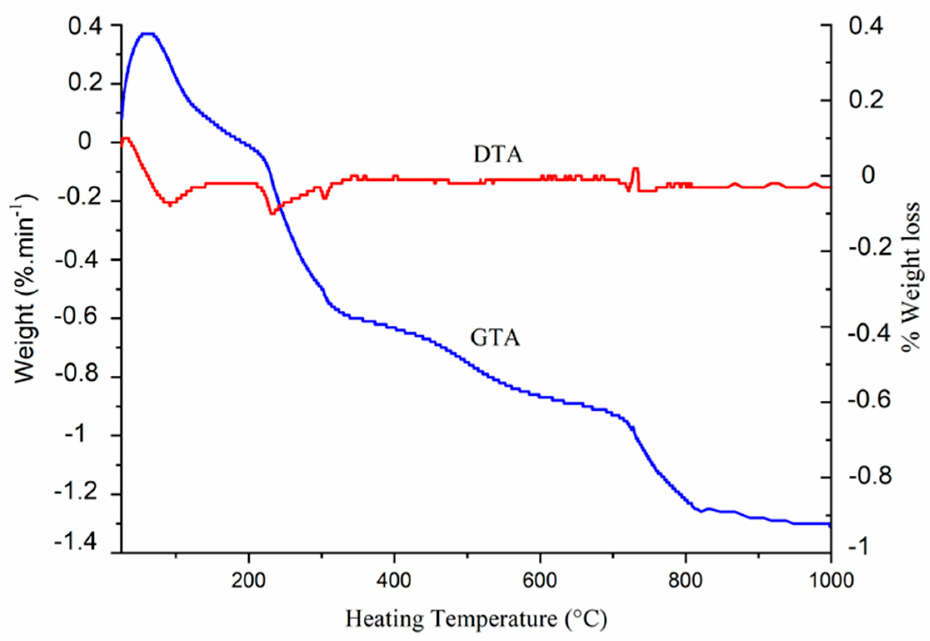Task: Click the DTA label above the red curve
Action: (x=498, y=155)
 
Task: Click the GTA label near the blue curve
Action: (x=495, y=338)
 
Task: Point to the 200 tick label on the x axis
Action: (x=249, y=580)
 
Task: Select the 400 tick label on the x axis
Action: (x=394, y=580)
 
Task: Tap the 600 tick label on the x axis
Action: (x=540, y=580)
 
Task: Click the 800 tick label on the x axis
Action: (x=685, y=580)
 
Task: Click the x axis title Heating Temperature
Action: (x=476, y=619)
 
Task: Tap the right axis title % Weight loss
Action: (x=912, y=277)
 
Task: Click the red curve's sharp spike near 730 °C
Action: (x=635, y=169)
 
